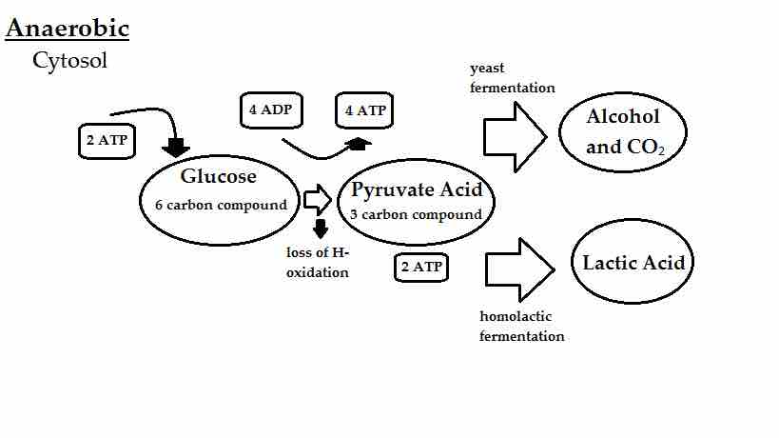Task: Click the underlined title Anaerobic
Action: coord(67,29)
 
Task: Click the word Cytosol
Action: coord(69,61)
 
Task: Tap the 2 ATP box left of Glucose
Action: coord(107,141)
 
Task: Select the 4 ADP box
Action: coord(269,110)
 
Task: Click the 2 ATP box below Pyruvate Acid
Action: coord(421,268)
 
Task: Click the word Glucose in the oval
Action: coord(218,176)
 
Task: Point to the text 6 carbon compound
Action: coord(221,205)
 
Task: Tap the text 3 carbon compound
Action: coord(416,214)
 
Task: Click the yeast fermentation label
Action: coord(512,78)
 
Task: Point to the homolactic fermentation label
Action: coord(521,326)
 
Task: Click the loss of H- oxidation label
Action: coord(318,263)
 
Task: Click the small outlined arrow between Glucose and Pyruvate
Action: coord(317,200)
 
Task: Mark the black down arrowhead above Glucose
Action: coord(176,147)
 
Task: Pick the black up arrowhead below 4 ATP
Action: coord(359,142)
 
